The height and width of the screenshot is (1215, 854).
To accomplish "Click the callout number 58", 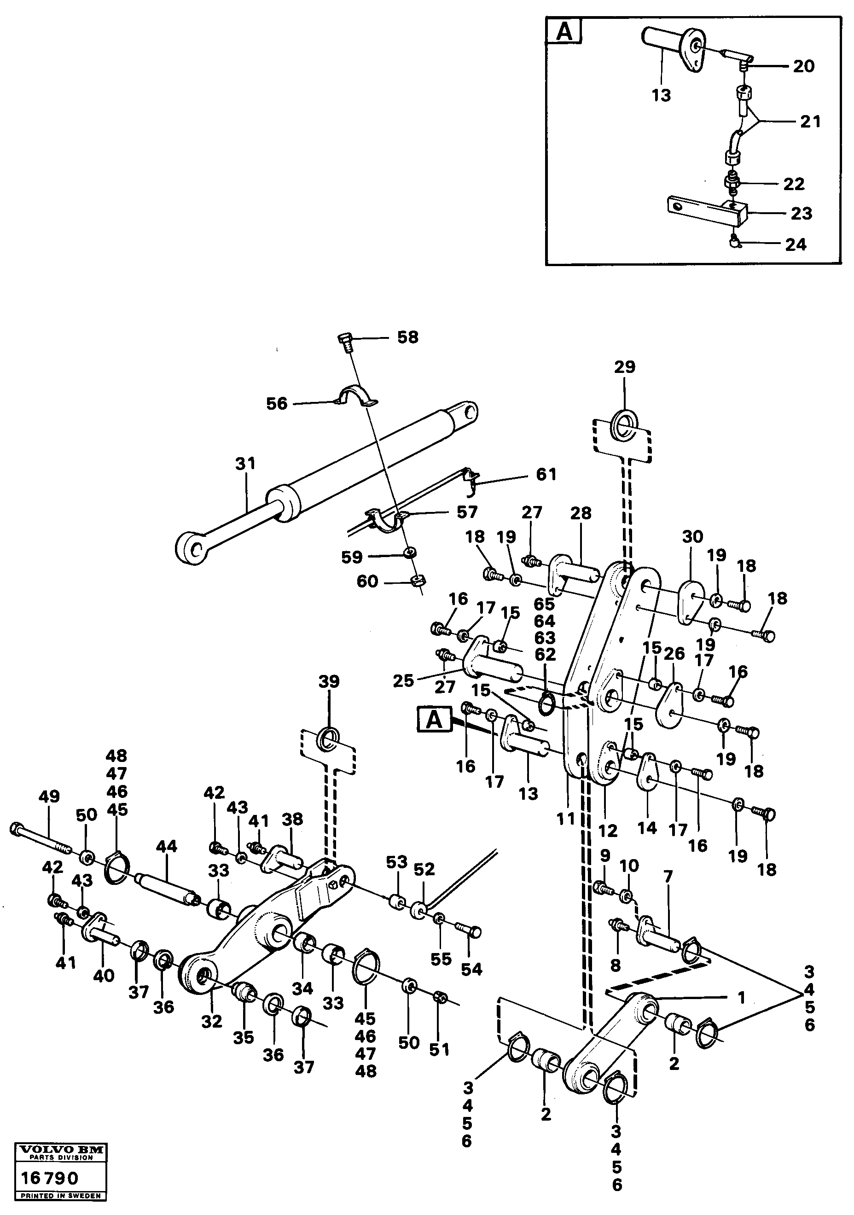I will point(407,337).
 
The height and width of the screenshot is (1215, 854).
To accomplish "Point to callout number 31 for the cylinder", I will point(245,464).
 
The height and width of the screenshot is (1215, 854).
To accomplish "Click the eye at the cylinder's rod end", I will point(193,546).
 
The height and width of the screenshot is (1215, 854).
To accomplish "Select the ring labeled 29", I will point(625,424).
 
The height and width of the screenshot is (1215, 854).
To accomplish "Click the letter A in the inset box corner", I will point(564,32).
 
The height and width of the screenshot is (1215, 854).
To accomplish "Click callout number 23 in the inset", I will point(801,213).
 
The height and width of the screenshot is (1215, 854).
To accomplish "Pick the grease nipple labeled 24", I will point(734,242).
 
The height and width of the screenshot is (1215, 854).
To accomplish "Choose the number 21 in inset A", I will point(810,122).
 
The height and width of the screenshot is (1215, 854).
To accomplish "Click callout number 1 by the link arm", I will point(741,998).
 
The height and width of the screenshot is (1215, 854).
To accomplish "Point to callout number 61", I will point(546,474).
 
